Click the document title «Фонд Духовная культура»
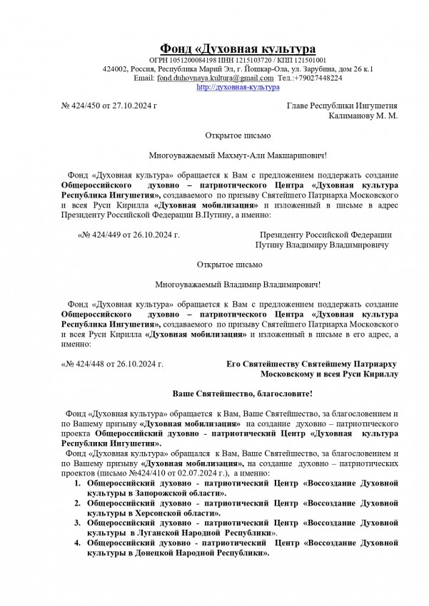click(237, 48)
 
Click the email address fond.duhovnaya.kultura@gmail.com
click(215, 78)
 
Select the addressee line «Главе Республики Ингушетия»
click(341, 106)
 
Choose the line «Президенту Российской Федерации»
click(325, 234)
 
